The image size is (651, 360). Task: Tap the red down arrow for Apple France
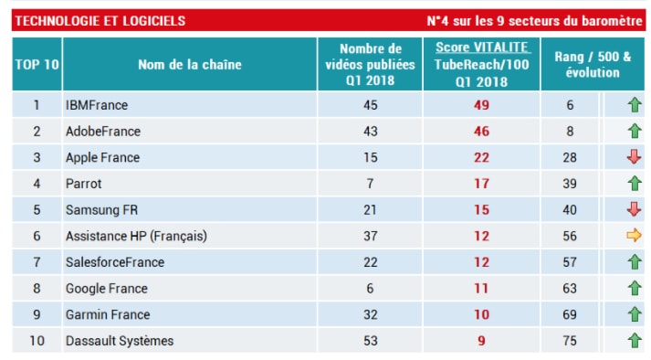[x=634, y=157]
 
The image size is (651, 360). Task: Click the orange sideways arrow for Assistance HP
[x=634, y=236]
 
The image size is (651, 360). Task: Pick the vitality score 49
[x=481, y=105]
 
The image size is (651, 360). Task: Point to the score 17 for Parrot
[x=481, y=184]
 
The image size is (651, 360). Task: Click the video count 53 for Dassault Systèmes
[x=370, y=341]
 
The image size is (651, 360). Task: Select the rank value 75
[x=571, y=341]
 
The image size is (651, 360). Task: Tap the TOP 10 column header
[x=37, y=64]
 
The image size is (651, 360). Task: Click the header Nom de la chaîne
[x=189, y=64]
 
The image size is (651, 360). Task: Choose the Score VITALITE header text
[x=481, y=48]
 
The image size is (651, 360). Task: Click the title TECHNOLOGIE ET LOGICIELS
[x=100, y=20]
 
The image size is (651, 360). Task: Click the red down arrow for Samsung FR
[x=634, y=209]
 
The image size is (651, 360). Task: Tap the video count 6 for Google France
[x=370, y=289]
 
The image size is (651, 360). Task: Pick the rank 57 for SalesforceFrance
[x=571, y=262]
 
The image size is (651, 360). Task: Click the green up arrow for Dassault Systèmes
[x=634, y=341]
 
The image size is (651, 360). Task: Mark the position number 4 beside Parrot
[x=37, y=184]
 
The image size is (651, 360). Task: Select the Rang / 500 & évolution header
[x=592, y=64]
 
